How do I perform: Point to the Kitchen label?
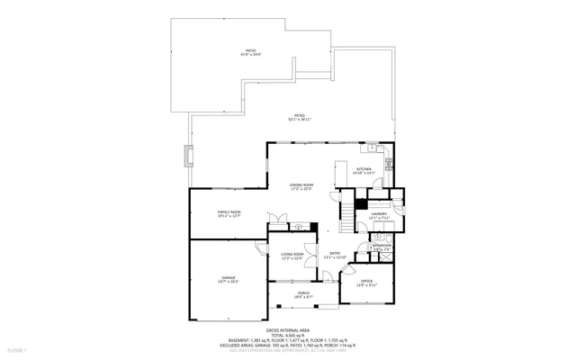click(364, 170)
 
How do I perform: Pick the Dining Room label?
click(301, 185)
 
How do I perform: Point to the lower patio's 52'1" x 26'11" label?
click(297, 117)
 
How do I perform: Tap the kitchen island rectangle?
click(341, 175)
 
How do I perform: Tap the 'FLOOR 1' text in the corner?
click(17, 348)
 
